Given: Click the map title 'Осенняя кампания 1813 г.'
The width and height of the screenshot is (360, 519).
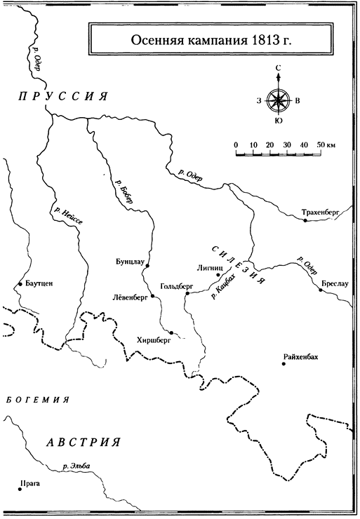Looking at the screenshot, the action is click(x=211, y=40).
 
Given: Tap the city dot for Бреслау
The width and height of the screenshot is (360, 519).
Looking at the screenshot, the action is click(x=321, y=290).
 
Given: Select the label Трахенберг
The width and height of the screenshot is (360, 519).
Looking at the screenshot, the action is click(x=321, y=213).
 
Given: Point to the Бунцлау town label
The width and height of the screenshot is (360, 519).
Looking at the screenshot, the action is click(x=130, y=262).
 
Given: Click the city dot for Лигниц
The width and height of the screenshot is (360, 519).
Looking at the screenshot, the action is click(x=218, y=275).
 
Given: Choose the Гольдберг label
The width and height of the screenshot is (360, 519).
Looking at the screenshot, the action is click(x=176, y=286).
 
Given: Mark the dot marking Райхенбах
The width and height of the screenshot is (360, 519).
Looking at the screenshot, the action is click(x=284, y=364).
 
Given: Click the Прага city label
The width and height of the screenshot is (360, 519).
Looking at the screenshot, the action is click(x=30, y=484).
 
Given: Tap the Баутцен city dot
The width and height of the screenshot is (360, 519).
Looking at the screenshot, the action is click(x=20, y=284).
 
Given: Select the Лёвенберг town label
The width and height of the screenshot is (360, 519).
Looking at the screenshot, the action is click(x=131, y=297).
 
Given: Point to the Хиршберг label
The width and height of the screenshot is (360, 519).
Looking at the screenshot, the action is click(x=154, y=340).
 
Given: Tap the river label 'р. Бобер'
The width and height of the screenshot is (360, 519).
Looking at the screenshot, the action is click(x=124, y=191).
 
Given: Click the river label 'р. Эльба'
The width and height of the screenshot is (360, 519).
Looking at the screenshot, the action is click(x=76, y=466).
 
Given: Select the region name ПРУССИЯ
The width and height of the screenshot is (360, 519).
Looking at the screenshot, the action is click(x=63, y=96).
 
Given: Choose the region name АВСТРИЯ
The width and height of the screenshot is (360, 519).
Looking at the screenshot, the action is click(x=83, y=442).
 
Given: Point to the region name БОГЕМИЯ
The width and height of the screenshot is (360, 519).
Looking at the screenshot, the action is click(x=37, y=400).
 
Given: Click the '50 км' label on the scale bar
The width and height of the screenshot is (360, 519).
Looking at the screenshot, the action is click(x=326, y=144).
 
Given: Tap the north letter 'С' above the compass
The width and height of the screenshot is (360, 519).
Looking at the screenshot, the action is click(x=278, y=68).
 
